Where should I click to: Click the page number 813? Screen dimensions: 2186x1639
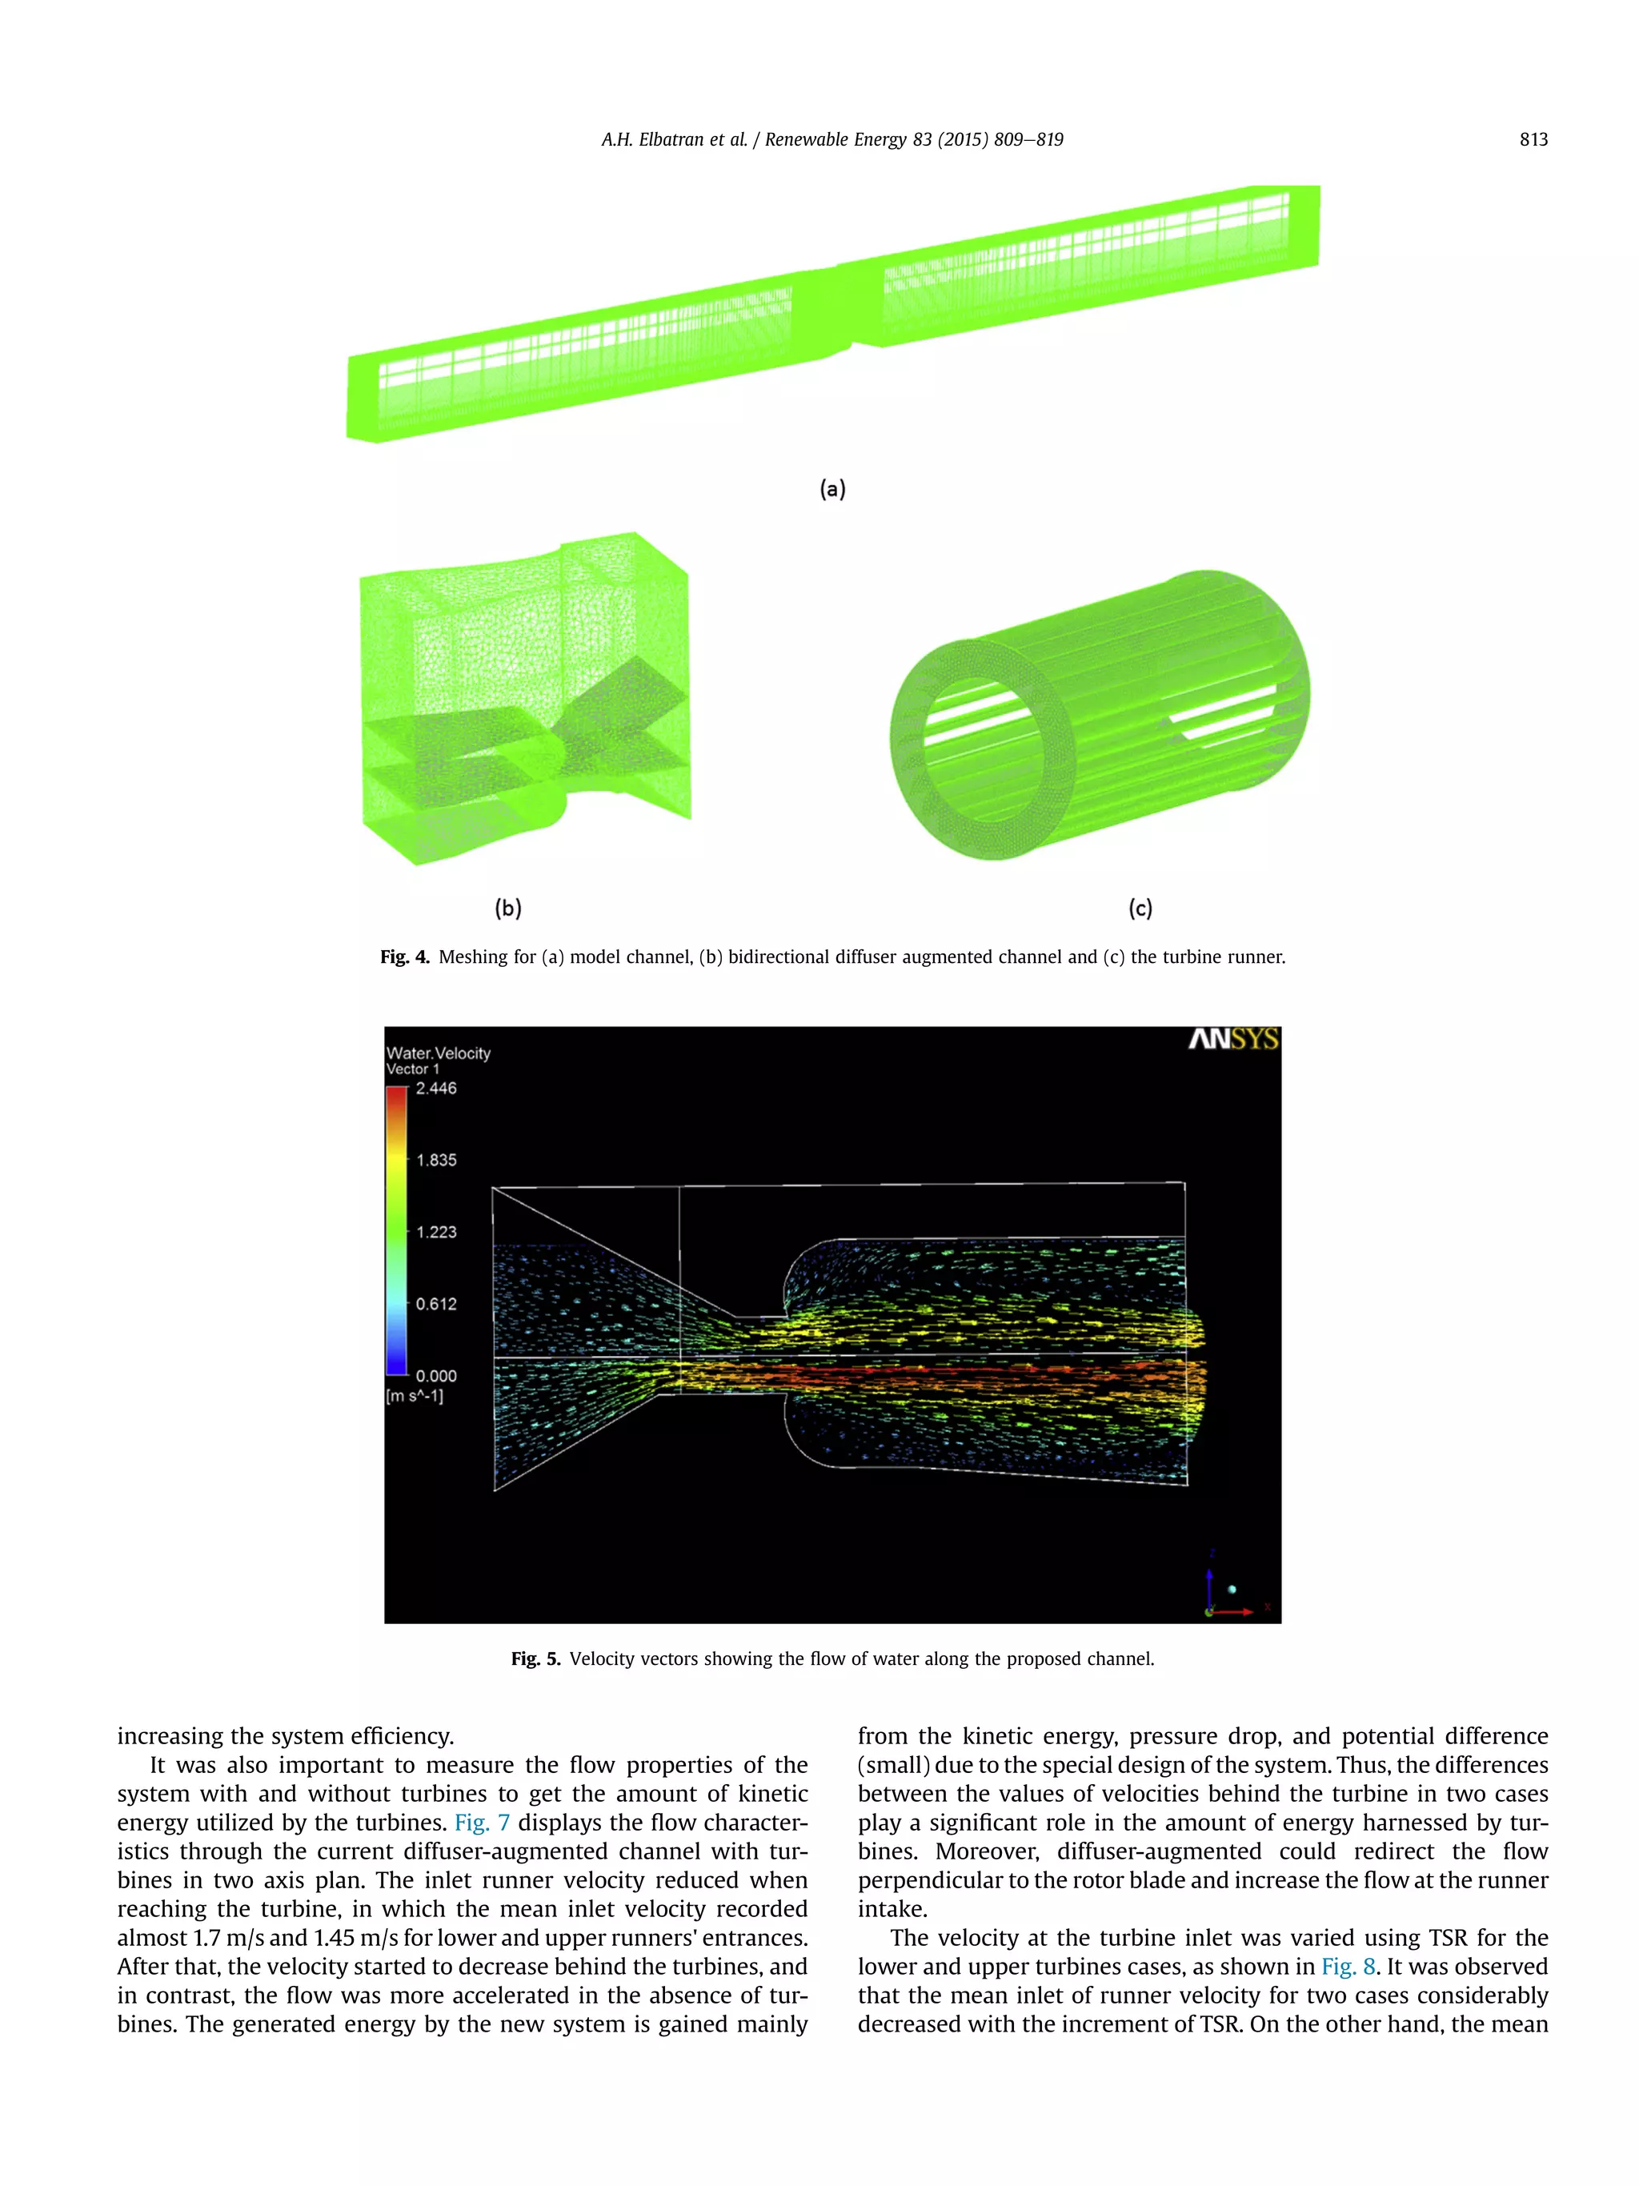(x=1533, y=139)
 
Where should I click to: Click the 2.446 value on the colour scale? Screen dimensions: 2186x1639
(x=435, y=1088)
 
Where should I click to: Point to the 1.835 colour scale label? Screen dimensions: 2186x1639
(x=435, y=1160)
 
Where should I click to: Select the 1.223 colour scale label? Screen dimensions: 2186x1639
(x=435, y=1233)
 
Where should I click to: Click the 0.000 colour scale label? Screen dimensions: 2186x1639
(x=435, y=1376)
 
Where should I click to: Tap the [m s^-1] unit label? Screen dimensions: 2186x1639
(x=415, y=1395)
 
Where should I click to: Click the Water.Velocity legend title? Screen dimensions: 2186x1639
(x=438, y=1053)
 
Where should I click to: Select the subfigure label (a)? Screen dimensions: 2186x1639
(x=833, y=488)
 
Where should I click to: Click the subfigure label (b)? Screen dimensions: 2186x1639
(x=508, y=907)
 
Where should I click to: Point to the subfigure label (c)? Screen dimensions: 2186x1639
(x=1140, y=907)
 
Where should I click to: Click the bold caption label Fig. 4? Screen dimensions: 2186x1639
(x=405, y=957)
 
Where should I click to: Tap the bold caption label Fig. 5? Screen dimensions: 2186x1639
(x=535, y=1659)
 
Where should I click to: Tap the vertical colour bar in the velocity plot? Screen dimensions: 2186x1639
(x=396, y=1231)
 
